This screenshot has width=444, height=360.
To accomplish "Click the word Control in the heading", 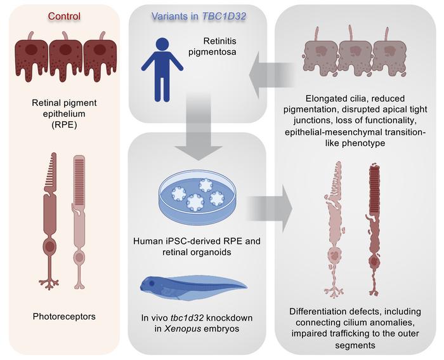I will coord(63,15).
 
